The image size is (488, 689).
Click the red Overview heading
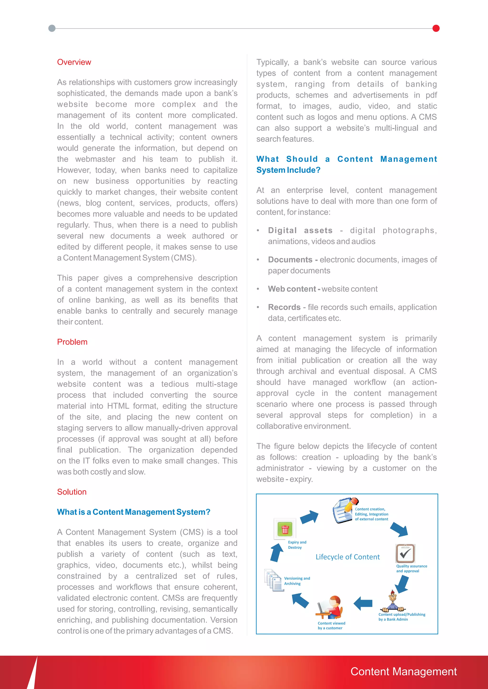pyautogui.click(x=74, y=62)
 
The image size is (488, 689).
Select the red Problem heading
pyautogui.click(x=72, y=342)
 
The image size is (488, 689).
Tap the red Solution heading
pyautogui.click(x=72, y=492)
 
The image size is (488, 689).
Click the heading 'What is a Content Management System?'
pyautogui.click(x=133, y=512)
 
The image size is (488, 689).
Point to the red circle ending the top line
pyautogui.click(x=436, y=29)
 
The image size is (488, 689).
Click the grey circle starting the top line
pyautogui.click(x=52, y=29)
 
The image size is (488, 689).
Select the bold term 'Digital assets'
pyautogui.click(x=300, y=231)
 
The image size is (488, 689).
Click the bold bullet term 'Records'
pyautogui.click(x=284, y=307)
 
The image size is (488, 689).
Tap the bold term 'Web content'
pyautogui.click(x=292, y=289)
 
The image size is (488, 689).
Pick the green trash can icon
pyautogui.click(x=285, y=529)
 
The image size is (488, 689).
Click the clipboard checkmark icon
pyautogui.click(x=405, y=553)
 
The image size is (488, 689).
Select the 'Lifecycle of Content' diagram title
pyautogui.click(x=347, y=557)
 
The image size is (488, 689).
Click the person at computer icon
pyautogui.click(x=330, y=608)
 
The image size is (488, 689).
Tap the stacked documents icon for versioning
pyautogui.click(x=274, y=580)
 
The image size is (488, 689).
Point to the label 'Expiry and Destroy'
pyautogui.click(x=297, y=545)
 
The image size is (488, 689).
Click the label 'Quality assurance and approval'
pyautogui.click(x=411, y=568)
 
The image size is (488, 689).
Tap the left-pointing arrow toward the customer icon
pyautogui.click(x=363, y=603)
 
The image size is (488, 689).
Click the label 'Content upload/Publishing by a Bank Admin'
pyautogui.click(x=402, y=617)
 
